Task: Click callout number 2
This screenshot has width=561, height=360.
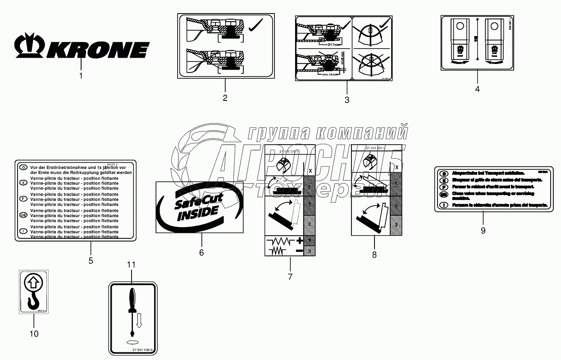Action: pos(225,97)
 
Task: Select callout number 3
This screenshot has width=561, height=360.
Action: pos(347,100)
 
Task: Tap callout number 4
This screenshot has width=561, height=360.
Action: pos(477,89)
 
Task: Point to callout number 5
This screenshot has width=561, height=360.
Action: pos(91,260)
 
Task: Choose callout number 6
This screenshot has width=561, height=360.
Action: pos(201,253)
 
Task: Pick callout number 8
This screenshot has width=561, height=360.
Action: pos(374,255)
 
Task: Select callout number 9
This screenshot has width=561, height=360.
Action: pos(483,230)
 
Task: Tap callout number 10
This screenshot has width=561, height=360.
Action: pos(34,333)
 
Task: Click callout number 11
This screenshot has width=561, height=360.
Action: pos(131,264)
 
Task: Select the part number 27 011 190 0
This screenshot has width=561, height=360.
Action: pos(133,349)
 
